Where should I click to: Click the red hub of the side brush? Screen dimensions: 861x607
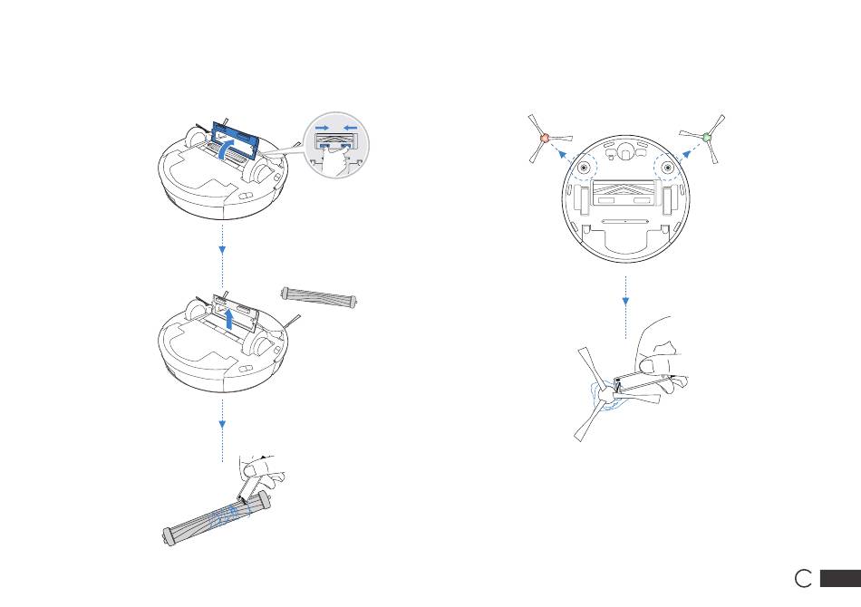[545, 139]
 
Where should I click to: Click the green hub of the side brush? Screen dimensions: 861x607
[707, 137]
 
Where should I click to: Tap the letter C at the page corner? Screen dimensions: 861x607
[803, 578]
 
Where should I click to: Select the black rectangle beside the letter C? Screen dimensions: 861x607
[840, 578]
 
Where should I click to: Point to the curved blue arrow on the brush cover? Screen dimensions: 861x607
[226, 149]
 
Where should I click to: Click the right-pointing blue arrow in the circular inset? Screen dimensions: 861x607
[323, 128]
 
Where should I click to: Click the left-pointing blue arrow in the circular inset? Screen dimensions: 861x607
[351, 128]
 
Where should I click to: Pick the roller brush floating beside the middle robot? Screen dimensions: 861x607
[318, 296]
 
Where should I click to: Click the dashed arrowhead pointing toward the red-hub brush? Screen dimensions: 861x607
[562, 155]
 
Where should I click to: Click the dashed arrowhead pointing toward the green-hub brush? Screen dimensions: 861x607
[686, 154]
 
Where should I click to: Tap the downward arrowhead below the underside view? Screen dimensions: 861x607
[625, 302]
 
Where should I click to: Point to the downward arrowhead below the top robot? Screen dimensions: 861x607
[222, 250]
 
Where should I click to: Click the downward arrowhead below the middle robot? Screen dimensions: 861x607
[222, 424]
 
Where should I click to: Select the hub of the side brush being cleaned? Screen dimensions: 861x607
[605, 395]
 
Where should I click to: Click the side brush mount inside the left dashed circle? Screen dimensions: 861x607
[583, 167]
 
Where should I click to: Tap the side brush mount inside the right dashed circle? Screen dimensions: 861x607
[668, 167]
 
